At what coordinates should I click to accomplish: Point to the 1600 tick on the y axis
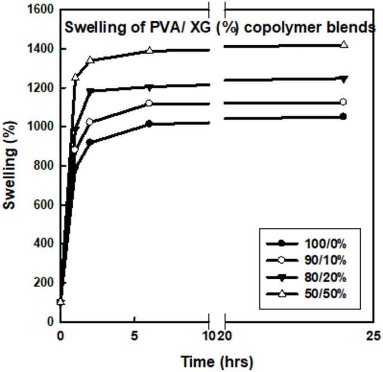(x=41, y=10)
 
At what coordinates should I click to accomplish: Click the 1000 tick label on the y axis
(x=41, y=127)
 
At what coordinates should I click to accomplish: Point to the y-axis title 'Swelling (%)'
(x=9, y=166)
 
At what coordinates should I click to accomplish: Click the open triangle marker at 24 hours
(x=344, y=45)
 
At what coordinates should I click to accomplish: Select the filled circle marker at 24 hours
(x=343, y=117)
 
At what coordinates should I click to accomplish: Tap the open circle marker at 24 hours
(x=343, y=102)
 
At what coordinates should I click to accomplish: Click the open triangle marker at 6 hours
(x=149, y=50)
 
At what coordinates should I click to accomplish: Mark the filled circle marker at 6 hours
(x=149, y=123)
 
